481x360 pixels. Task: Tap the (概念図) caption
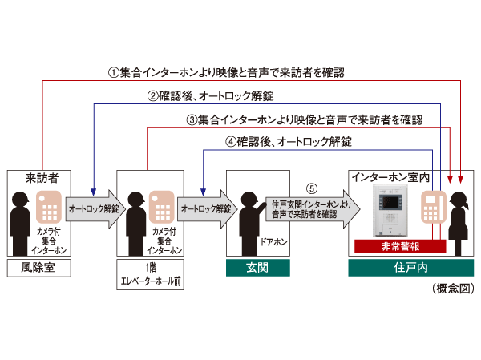[453, 289]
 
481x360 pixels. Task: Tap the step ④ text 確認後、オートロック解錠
[289, 142]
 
